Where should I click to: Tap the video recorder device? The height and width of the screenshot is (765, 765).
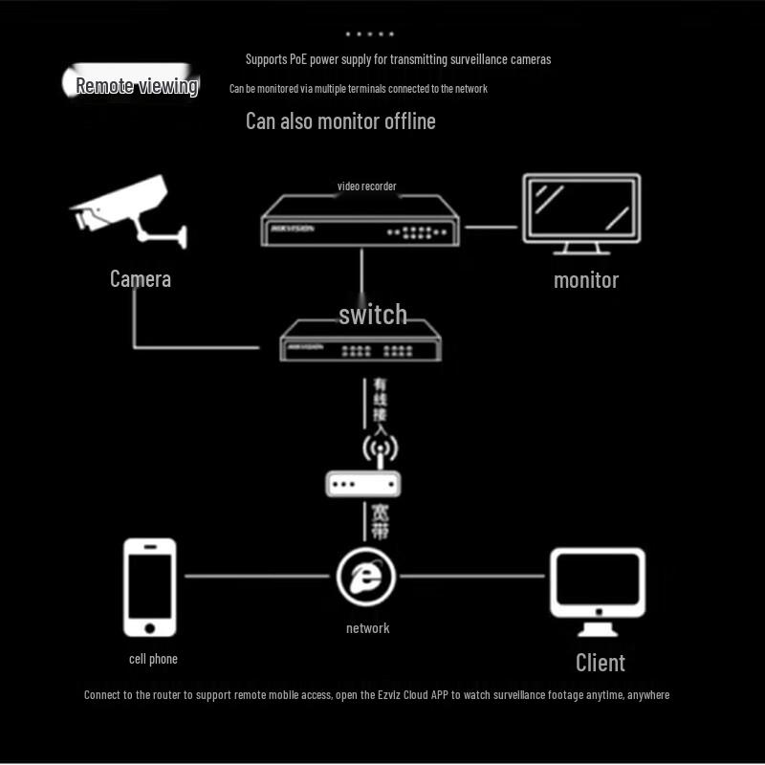(360, 222)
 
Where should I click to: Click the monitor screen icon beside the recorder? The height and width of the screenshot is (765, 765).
(580, 214)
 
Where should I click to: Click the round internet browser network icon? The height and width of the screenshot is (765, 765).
(367, 577)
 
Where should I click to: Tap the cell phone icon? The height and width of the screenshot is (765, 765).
(150, 586)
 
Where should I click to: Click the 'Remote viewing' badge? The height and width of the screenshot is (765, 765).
(136, 85)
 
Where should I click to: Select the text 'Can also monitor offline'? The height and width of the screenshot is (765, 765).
(340, 121)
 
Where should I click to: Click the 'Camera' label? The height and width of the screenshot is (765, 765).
(141, 279)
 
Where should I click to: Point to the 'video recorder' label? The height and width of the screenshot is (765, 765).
(366, 186)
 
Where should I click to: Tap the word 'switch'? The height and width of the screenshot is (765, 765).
(373, 315)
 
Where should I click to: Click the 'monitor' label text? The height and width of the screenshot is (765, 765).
(586, 280)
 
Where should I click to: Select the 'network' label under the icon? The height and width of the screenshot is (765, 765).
(368, 628)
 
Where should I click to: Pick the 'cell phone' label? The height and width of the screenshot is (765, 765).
(153, 659)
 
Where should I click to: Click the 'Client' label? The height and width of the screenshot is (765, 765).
(600, 662)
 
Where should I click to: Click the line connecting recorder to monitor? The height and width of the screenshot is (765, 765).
(491, 228)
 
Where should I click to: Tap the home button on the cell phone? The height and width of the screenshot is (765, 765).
(150, 627)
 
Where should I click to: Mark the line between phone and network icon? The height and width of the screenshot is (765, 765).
(258, 577)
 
